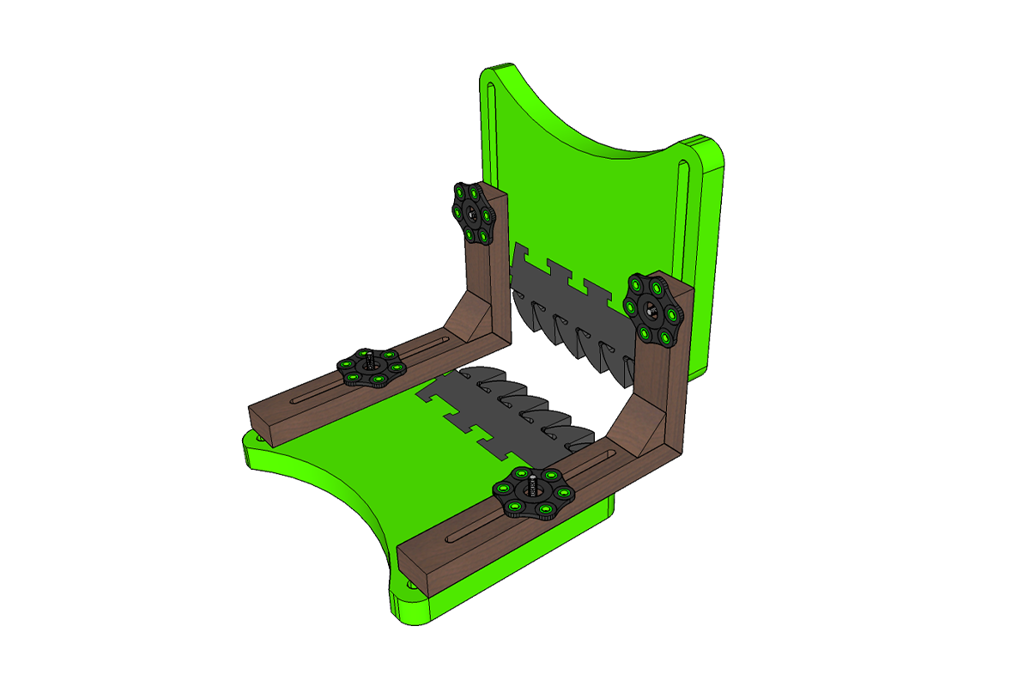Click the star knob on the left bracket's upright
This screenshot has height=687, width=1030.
[x=473, y=213]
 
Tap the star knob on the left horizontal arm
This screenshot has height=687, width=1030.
[x=368, y=368]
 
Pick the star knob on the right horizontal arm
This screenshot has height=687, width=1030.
[x=532, y=497]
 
